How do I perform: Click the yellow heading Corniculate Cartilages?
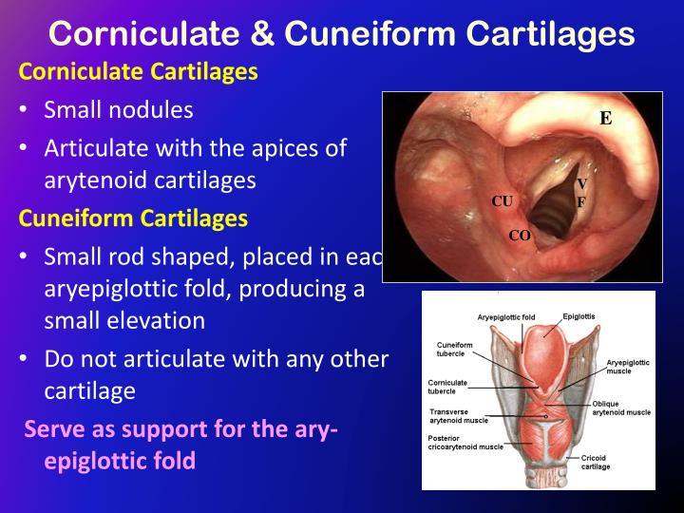(139, 72)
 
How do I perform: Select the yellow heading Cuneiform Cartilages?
(133, 218)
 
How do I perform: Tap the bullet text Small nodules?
(119, 109)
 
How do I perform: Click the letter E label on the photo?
(605, 118)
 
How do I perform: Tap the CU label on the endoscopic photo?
(502, 201)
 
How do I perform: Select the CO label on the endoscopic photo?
(520, 236)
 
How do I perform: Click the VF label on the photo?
(581, 192)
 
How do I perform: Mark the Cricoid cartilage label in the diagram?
(596, 462)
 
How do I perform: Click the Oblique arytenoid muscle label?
(621, 408)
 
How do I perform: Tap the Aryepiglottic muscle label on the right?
(628, 367)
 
